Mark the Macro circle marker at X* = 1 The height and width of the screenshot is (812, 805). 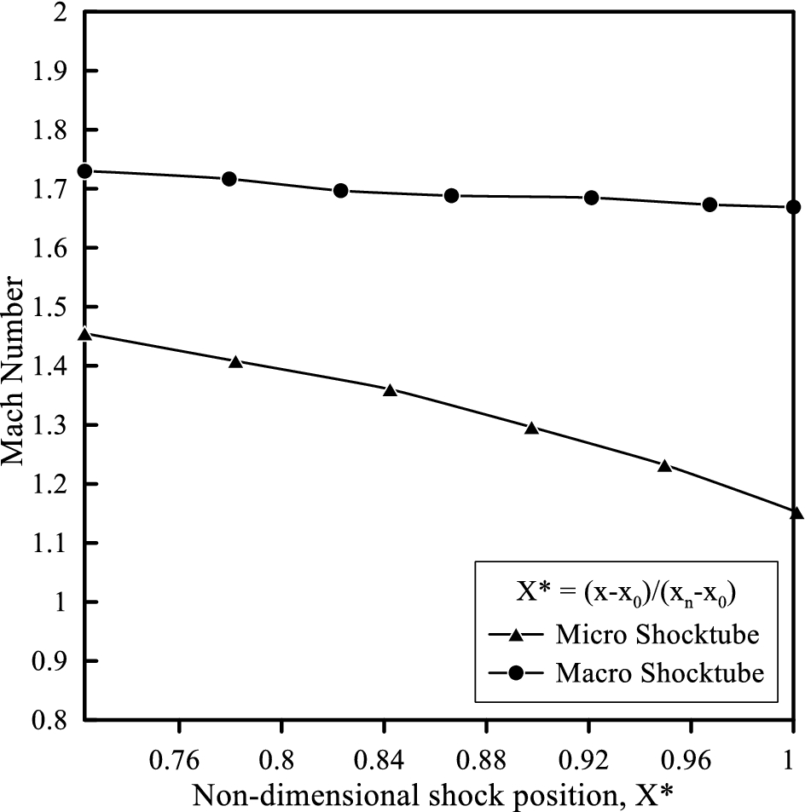coord(793,207)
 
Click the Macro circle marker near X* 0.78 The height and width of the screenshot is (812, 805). coord(229,179)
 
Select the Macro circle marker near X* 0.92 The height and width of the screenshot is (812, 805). coord(591,198)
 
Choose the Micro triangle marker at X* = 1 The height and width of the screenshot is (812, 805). coord(796,513)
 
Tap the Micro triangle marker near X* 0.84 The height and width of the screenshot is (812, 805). coord(391,391)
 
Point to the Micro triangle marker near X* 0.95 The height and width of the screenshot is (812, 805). coord(665,466)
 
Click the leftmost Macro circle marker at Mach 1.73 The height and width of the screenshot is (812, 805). coord(84,171)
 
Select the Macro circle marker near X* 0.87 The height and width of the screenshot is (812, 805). coord(452,196)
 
